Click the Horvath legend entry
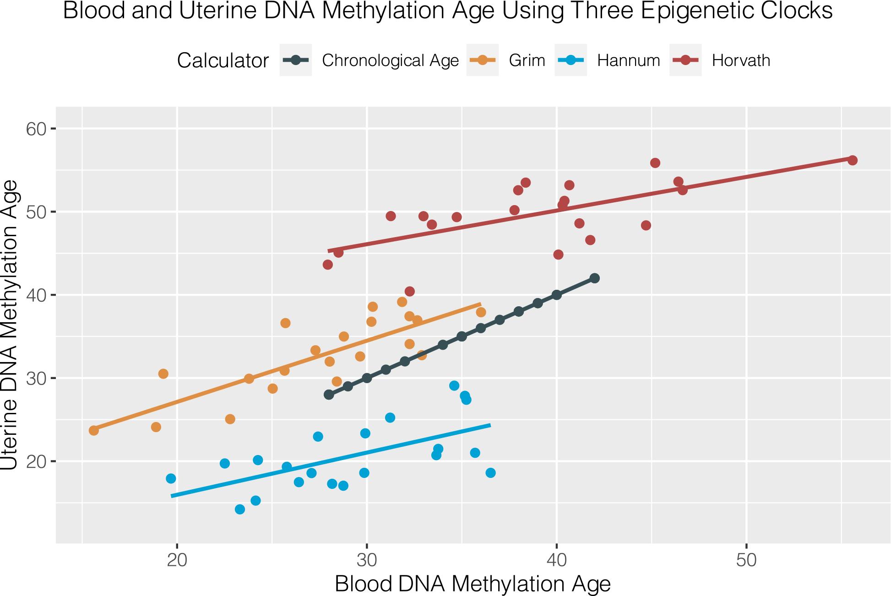(740, 60)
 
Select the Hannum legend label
(628, 60)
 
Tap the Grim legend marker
(482, 60)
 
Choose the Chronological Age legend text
(390, 60)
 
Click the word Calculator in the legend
(223, 60)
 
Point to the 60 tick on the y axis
(37, 129)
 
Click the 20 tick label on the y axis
(37, 461)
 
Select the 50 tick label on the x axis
(746, 561)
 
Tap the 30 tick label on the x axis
(366, 561)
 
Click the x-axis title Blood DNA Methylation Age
(473, 584)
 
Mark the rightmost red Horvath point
(852, 160)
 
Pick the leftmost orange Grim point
(94, 430)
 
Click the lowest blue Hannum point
(240, 509)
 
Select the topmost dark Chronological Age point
(594, 278)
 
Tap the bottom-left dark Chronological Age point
(329, 395)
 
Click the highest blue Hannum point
(454, 385)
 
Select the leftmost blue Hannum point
(171, 479)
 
